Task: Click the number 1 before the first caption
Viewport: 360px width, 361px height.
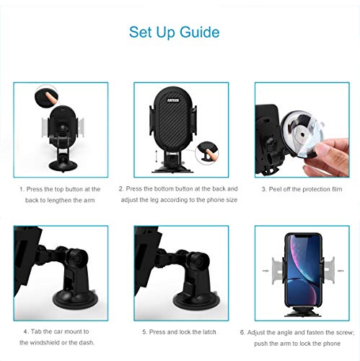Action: point(21,188)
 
